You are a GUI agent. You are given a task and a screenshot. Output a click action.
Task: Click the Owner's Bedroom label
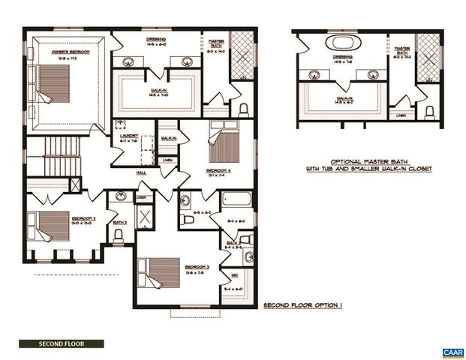(71, 52)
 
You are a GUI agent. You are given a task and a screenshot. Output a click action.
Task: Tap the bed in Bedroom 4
(223, 143)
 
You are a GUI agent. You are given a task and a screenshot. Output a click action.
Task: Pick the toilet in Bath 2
(119, 235)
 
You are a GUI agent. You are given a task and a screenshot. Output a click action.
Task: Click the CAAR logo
(452, 352)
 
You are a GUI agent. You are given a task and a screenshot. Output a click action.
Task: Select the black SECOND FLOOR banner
(62, 344)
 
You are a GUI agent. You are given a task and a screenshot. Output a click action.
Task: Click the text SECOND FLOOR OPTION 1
(302, 307)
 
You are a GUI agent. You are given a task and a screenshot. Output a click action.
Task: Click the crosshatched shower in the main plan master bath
(242, 55)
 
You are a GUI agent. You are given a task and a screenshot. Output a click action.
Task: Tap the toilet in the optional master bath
(429, 112)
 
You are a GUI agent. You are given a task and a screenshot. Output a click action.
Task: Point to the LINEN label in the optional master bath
(402, 115)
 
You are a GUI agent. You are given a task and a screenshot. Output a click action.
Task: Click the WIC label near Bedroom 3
(235, 274)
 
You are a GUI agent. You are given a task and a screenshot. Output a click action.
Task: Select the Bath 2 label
(119, 223)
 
